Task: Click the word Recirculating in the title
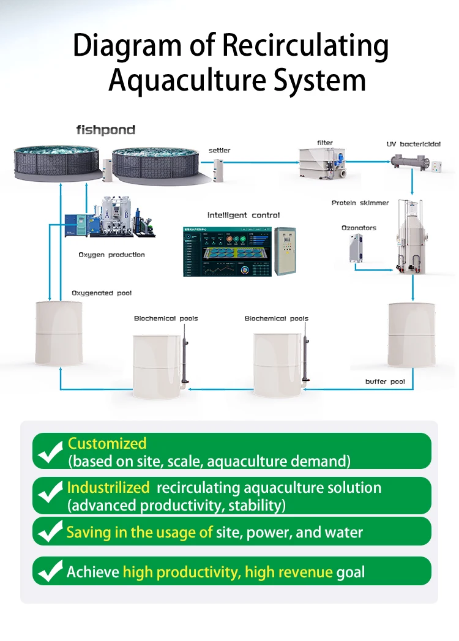click(304, 47)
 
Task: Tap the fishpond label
click(105, 130)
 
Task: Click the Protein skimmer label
click(360, 203)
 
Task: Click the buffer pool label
click(385, 382)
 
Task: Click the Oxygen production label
click(111, 255)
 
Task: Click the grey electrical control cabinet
click(285, 252)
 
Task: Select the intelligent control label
click(243, 215)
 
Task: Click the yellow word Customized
click(107, 443)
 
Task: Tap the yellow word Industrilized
click(108, 487)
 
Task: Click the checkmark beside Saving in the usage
click(50, 532)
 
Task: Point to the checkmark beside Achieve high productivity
click(50, 572)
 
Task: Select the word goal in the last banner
click(350, 572)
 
